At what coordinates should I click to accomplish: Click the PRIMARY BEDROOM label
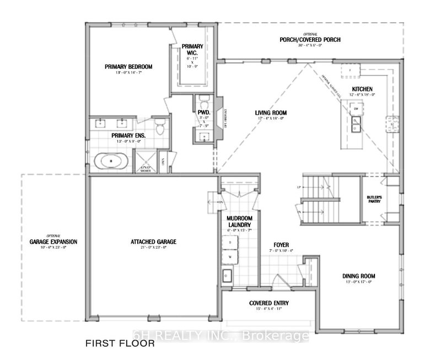pos(128,67)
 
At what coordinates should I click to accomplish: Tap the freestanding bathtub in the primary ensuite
pos(112,162)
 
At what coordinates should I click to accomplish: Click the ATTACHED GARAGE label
pos(153,241)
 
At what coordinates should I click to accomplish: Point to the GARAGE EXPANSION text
pos(53,241)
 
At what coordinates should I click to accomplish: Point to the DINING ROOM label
pos(359,276)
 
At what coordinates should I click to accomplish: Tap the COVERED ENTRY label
pos(269,303)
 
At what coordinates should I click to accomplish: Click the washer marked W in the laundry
pos(230,256)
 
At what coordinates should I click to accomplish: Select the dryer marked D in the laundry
pos(230,243)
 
